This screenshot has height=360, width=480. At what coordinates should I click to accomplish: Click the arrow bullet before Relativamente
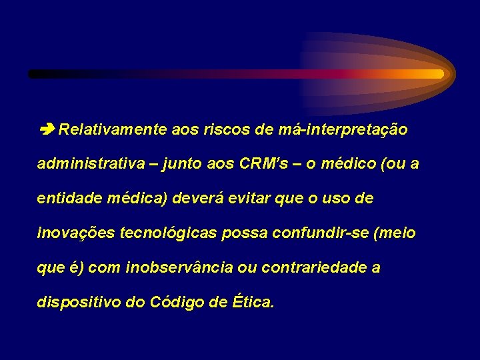click(x=47, y=129)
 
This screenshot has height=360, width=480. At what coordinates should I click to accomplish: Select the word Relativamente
click(x=112, y=129)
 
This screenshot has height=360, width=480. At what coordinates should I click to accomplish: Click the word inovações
click(x=74, y=233)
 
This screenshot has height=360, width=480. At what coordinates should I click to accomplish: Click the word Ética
click(x=253, y=302)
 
